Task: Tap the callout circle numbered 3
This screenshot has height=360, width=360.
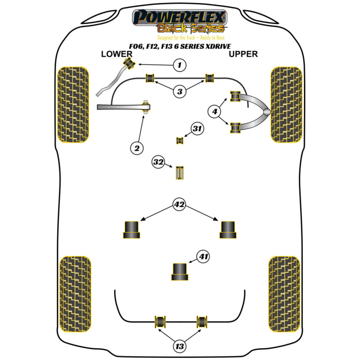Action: tap(180, 91)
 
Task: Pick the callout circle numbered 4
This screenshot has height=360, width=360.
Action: tap(215, 112)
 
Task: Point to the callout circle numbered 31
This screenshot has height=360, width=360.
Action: tap(197, 129)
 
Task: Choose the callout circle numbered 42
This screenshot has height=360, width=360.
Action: tap(179, 205)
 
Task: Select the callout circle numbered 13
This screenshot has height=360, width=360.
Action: tap(180, 346)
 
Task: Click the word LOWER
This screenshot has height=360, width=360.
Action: tap(117, 54)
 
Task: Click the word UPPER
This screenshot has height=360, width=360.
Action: tap(243, 54)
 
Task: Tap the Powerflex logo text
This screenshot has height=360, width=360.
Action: tap(180, 17)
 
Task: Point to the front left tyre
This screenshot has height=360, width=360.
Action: tap(73, 105)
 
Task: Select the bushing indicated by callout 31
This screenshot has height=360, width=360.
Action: tap(179, 140)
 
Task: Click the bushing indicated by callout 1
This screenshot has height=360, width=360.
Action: tap(129, 64)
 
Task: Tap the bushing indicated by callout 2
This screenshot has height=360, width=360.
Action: tap(146, 107)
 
